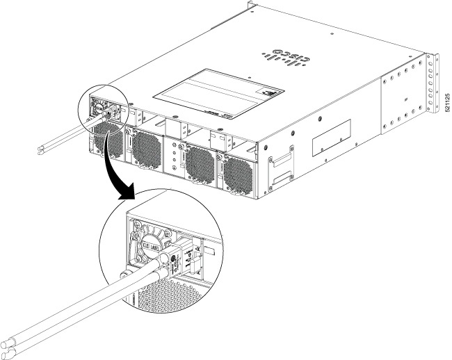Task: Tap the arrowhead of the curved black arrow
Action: [x=127, y=197]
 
